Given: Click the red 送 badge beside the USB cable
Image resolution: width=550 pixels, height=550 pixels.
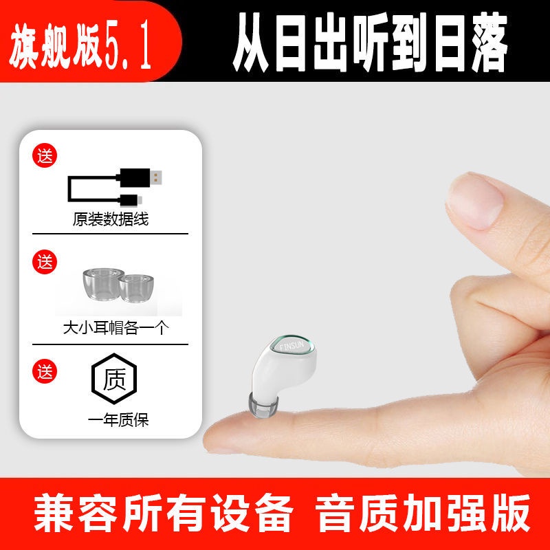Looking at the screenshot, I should (x=45, y=155).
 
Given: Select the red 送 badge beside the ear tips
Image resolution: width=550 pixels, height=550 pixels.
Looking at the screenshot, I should (x=45, y=261).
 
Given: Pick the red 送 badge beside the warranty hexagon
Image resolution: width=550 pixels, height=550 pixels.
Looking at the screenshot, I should (x=45, y=372).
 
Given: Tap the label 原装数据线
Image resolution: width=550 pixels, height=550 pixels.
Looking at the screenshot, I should (x=110, y=220).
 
